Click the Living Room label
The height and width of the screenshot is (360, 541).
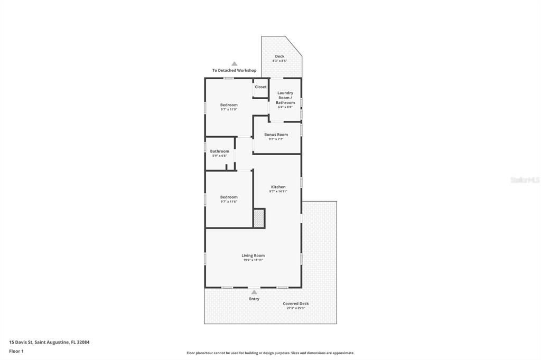coord(253,255)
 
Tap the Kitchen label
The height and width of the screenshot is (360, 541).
coord(278,187)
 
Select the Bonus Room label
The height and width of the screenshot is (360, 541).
coord(276,135)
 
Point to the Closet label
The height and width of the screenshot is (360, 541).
coord(261,87)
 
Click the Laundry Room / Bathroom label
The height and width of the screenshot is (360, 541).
coord(285,98)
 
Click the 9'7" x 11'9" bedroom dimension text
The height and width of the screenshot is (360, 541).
coord(229,109)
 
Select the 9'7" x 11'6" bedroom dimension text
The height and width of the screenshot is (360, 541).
coord(229,202)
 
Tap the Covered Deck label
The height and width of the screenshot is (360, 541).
coord(296,304)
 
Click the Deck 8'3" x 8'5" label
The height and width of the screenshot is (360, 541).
coord(279,58)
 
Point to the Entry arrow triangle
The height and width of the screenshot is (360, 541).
coord(254,292)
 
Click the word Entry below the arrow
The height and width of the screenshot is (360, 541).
coord(254,299)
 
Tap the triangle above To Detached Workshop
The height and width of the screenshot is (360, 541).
coord(235,64)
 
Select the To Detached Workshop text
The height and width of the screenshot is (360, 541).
coord(235,70)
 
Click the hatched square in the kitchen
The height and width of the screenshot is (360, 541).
coord(259,218)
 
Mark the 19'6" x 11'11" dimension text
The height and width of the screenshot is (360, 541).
coord(253,260)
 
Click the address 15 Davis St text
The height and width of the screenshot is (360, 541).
coord(49,342)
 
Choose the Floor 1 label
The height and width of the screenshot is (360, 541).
coord(16,351)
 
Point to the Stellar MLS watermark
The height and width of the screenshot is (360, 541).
coord(525,180)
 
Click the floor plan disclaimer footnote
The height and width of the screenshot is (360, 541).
coord(270,353)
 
